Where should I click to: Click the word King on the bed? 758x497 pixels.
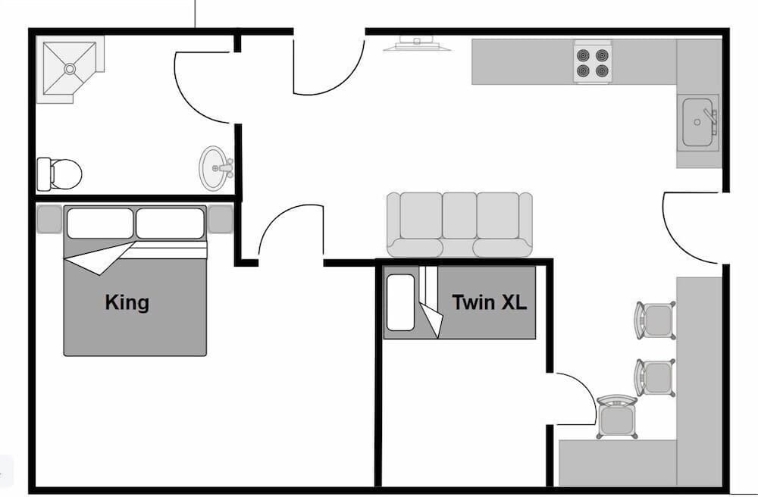point(127,303)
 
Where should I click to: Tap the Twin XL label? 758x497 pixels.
point(489,302)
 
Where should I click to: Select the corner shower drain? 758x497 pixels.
point(70,69)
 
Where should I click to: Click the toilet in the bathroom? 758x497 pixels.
point(59,174)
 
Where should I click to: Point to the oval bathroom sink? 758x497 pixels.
point(213,168)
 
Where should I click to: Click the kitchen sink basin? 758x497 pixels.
point(697,122)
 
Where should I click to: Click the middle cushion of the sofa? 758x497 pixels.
point(459,215)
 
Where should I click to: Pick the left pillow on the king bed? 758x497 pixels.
point(100,223)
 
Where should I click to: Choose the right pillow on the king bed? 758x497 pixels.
point(170,223)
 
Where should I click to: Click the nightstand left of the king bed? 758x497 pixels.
point(49,219)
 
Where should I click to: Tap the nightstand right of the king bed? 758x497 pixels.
point(221,219)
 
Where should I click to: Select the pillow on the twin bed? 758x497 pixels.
point(400,303)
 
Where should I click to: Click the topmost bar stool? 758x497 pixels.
point(656,320)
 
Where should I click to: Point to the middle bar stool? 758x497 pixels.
point(656,378)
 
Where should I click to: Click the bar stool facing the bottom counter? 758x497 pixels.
point(617,417)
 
